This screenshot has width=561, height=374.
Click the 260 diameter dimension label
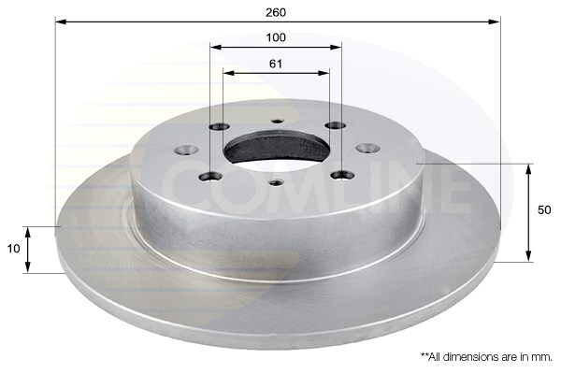(276, 12)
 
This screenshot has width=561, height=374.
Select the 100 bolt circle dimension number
(276, 38)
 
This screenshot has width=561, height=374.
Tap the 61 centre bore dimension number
(276, 65)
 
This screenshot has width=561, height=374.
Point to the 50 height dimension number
(545, 211)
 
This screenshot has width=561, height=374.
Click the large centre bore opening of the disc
(276, 148)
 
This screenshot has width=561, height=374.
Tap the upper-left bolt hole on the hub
(220, 127)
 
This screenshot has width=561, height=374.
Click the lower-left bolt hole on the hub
(211, 175)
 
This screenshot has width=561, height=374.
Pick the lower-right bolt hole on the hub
(340, 174)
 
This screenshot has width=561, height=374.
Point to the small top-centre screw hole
(277, 120)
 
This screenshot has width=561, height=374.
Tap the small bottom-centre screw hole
(275, 182)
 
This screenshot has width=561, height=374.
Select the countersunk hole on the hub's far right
(367, 148)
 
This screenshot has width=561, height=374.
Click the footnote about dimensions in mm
(486, 356)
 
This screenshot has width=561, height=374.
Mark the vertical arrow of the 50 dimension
(530, 212)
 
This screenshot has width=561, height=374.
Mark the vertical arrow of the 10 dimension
(28, 249)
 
